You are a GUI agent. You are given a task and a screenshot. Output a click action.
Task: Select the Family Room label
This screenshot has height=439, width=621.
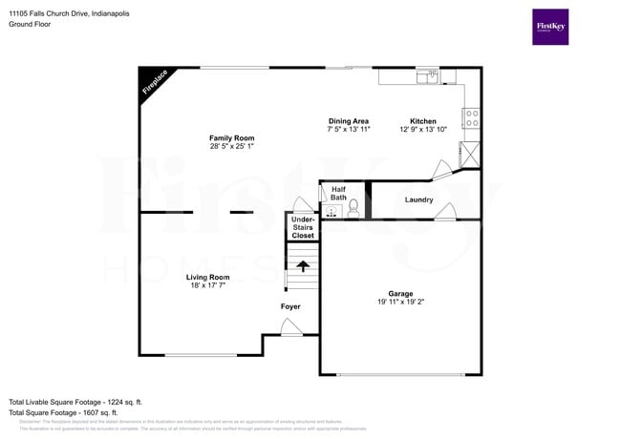pos(232,138)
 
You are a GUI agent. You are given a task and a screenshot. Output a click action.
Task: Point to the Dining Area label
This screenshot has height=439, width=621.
pos(349,121)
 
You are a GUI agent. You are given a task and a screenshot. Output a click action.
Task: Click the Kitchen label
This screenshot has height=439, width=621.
pos(423,121)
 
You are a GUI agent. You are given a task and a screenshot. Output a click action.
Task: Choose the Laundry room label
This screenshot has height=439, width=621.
pos(418,199)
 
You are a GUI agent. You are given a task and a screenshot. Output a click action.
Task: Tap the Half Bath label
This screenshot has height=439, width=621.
pos(338,193)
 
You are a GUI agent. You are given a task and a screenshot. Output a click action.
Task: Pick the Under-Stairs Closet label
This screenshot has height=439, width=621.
pos(302,227)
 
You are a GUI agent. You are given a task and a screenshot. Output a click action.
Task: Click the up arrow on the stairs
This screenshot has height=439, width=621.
pos(303,265)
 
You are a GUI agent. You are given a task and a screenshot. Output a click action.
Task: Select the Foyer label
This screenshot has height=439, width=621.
pos(290,306)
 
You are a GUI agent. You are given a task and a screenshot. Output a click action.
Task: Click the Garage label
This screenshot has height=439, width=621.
pos(400,293)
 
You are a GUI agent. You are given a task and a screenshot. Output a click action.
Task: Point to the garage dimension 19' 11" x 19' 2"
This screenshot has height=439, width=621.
pos(400,302)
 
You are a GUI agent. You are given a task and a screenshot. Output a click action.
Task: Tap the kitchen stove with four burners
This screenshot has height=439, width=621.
pos(470,117)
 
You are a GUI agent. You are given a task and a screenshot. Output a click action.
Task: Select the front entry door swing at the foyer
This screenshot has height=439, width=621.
pos(292,327)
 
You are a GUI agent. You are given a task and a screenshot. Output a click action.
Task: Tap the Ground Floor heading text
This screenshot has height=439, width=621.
pos(30,24)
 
